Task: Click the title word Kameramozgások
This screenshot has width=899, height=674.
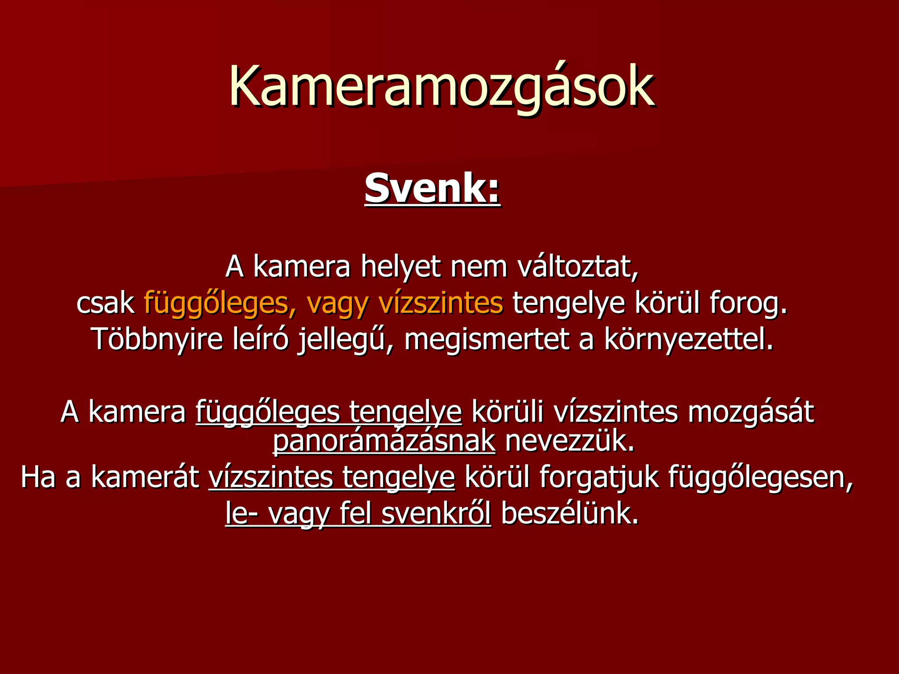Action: [x=442, y=86]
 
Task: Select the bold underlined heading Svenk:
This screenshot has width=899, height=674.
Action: [x=432, y=189]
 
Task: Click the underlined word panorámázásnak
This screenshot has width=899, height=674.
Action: [x=384, y=441]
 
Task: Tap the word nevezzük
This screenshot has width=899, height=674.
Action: [x=570, y=441]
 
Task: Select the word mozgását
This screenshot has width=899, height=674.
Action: [x=750, y=412]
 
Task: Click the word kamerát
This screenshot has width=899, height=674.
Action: [x=145, y=477]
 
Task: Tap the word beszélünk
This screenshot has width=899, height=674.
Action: [x=569, y=514]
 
